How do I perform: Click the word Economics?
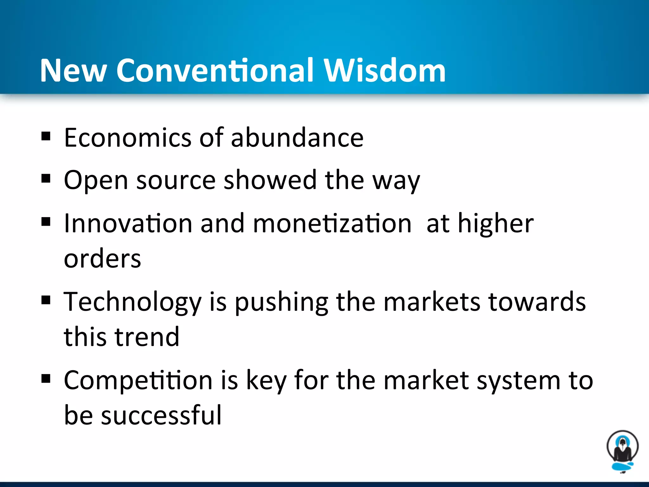(128, 138)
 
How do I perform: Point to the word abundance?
(297, 138)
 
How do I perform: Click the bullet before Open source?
(46, 179)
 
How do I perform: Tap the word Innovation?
(128, 223)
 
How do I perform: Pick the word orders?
(102, 259)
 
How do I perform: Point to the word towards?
(537, 302)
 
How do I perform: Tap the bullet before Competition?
(46, 378)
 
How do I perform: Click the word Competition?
(138, 380)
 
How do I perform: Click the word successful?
(161, 415)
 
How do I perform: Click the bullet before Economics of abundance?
(46, 136)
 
